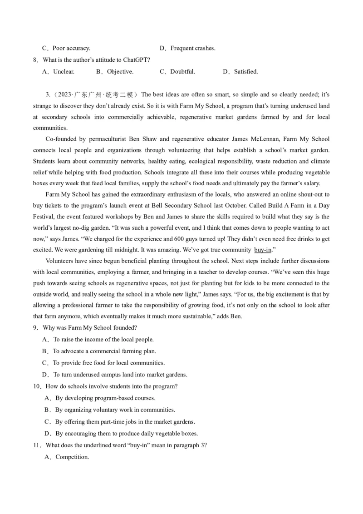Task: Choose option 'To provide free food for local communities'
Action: click(x=108, y=363)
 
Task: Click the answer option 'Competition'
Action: click(x=72, y=457)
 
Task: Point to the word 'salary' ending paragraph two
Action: click(x=310, y=183)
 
